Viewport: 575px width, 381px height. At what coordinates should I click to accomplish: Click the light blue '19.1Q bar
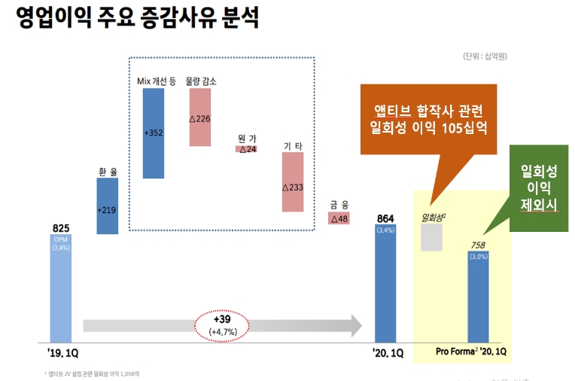(x=60, y=288)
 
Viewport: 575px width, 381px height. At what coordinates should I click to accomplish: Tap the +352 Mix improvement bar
(x=154, y=133)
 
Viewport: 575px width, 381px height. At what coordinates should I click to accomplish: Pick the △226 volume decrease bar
(x=199, y=117)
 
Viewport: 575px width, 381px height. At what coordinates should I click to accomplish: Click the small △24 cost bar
(x=247, y=149)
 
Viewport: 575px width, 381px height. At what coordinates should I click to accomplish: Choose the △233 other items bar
(x=293, y=182)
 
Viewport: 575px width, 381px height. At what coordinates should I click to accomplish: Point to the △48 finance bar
(x=339, y=218)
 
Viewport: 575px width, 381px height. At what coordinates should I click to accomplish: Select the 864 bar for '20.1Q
(x=385, y=283)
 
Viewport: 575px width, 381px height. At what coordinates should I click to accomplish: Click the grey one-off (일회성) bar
(x=431, y=237)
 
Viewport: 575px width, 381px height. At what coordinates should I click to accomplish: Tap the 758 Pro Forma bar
(x=478, y=297)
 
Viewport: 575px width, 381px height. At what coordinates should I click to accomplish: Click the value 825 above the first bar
(x=61, y=227)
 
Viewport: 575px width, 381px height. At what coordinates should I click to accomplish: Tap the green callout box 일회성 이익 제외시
(x=538, y=187)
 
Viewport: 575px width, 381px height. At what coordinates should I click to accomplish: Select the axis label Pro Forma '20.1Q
(x=471, y=352)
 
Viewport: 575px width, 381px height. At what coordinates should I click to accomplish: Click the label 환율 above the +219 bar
(x=108, y=172)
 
